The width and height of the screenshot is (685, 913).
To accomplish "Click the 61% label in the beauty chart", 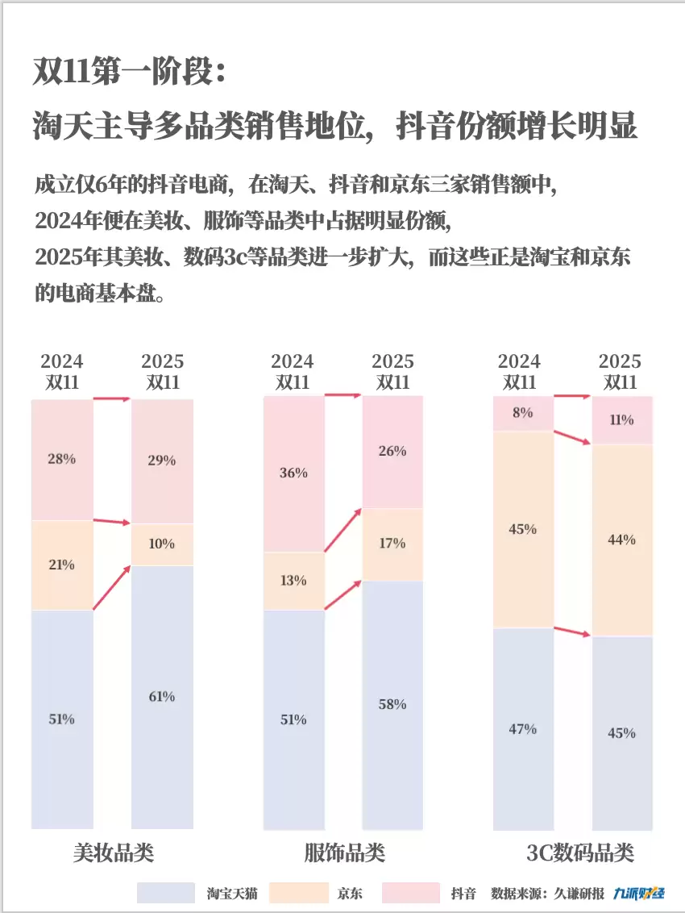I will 162,697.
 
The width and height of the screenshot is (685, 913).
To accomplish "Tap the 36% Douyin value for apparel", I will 293,473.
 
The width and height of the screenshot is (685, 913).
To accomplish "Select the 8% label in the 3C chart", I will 523,413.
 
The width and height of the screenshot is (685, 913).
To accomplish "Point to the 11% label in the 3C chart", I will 621,419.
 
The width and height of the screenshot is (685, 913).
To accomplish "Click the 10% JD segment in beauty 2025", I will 162,544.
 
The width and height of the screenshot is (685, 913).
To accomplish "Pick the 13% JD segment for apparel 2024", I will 293,580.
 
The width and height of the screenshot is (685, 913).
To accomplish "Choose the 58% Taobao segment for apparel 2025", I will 392,704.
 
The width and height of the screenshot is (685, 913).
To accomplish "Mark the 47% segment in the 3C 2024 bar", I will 523,729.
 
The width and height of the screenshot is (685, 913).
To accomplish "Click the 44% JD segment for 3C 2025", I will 621,539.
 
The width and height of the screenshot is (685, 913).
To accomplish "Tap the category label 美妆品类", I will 113,853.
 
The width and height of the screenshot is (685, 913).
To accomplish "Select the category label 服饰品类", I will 344,853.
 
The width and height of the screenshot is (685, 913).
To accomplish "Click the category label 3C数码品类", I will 580,853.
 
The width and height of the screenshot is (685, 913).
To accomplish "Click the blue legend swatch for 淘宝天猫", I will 166,893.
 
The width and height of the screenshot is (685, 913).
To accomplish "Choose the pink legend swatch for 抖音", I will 411,893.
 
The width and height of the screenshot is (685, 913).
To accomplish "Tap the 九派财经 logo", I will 639,893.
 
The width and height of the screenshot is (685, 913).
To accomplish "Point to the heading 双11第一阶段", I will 129,72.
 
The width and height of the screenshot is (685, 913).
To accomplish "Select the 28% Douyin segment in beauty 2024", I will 62,459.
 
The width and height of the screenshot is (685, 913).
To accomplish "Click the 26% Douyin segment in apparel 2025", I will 392,452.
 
